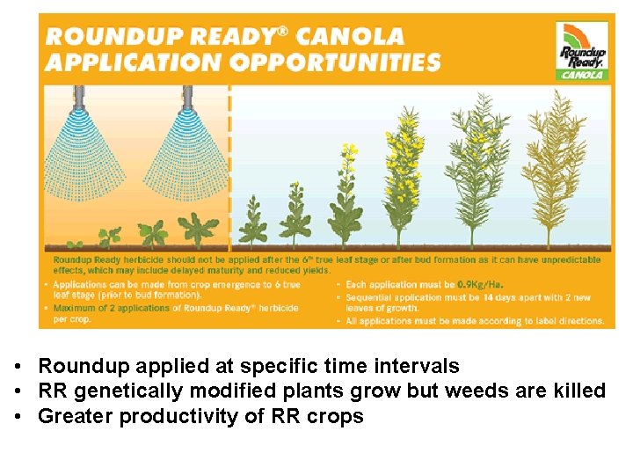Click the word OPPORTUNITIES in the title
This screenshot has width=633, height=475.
click(343, 62)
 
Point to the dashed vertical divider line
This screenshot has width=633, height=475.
click(229, 167)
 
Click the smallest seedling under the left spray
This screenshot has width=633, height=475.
click(109, 236)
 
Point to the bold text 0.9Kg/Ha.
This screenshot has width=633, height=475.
click(481, 285)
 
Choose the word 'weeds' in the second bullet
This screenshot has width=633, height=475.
click(468, 391)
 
